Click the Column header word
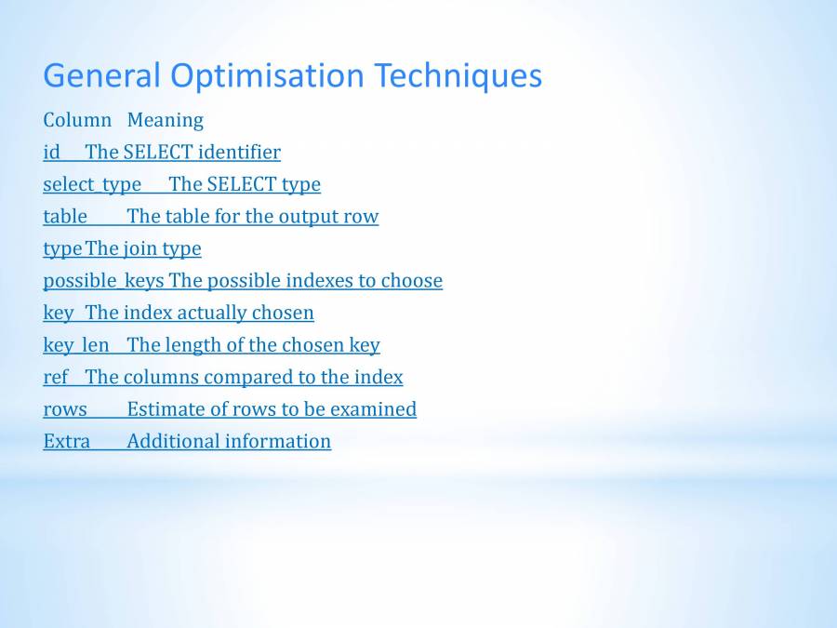77,120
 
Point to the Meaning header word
165,120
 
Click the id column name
51,152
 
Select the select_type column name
92,184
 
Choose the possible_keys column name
103,281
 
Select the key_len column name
76,345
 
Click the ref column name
56,377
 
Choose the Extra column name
67,441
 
